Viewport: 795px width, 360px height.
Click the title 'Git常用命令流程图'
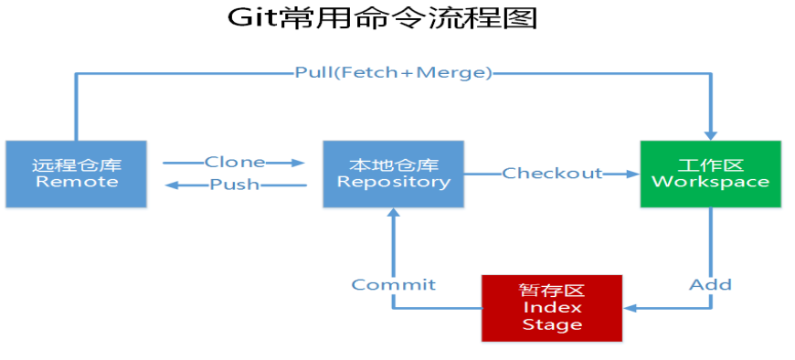click(383, 18)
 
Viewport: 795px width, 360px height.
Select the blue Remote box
click(75, 174)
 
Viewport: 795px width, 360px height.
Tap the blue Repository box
click(393, 174)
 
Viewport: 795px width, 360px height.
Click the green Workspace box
click(710, 174)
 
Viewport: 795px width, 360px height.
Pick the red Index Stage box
click(551, 307)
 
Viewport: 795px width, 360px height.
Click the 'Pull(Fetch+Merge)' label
click(393, 72)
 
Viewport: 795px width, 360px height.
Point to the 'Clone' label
click(234, 163)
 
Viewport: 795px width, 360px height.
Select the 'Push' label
click(234, 185)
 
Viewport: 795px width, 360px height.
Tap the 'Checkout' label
click(552, 174)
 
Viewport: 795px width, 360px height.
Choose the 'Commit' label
click(393, 285)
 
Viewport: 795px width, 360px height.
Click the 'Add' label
click(710, 285)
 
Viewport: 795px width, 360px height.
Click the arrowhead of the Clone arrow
click(298, 164)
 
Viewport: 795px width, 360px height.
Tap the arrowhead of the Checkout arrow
click(631, 174)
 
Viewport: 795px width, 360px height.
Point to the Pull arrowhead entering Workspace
click(710, 134)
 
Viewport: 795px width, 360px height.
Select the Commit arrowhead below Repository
click(393, 213)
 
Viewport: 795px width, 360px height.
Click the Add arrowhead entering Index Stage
click(630, 308)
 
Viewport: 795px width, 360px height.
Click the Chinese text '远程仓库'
click(75, 165)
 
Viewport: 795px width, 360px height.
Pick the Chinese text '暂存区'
click(551, 291)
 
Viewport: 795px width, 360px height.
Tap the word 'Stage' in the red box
click(551, 323)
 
